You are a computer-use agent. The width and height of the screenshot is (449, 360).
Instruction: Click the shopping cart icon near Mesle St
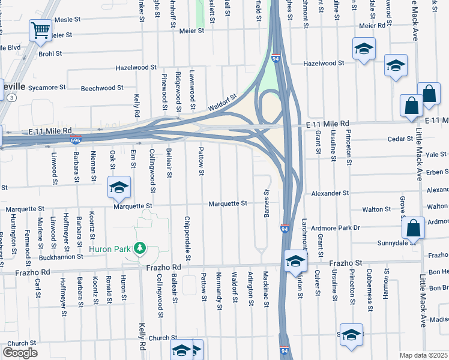(x=40, y=29)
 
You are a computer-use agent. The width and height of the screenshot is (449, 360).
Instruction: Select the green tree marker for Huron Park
(x=139, y=247)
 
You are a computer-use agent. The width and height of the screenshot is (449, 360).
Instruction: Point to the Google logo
(x=20, y=352)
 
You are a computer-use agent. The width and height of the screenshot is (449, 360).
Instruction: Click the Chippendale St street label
(x=188, y=239)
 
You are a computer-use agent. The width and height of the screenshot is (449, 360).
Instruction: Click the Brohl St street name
(x=50, y=53)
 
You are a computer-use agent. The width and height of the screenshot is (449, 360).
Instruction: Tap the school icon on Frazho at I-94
(x=295, y=260)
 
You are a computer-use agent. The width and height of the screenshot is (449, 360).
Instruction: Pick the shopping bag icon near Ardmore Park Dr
(x=413, y=228)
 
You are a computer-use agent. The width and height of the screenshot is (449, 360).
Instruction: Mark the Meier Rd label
(x=372, y=26)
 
